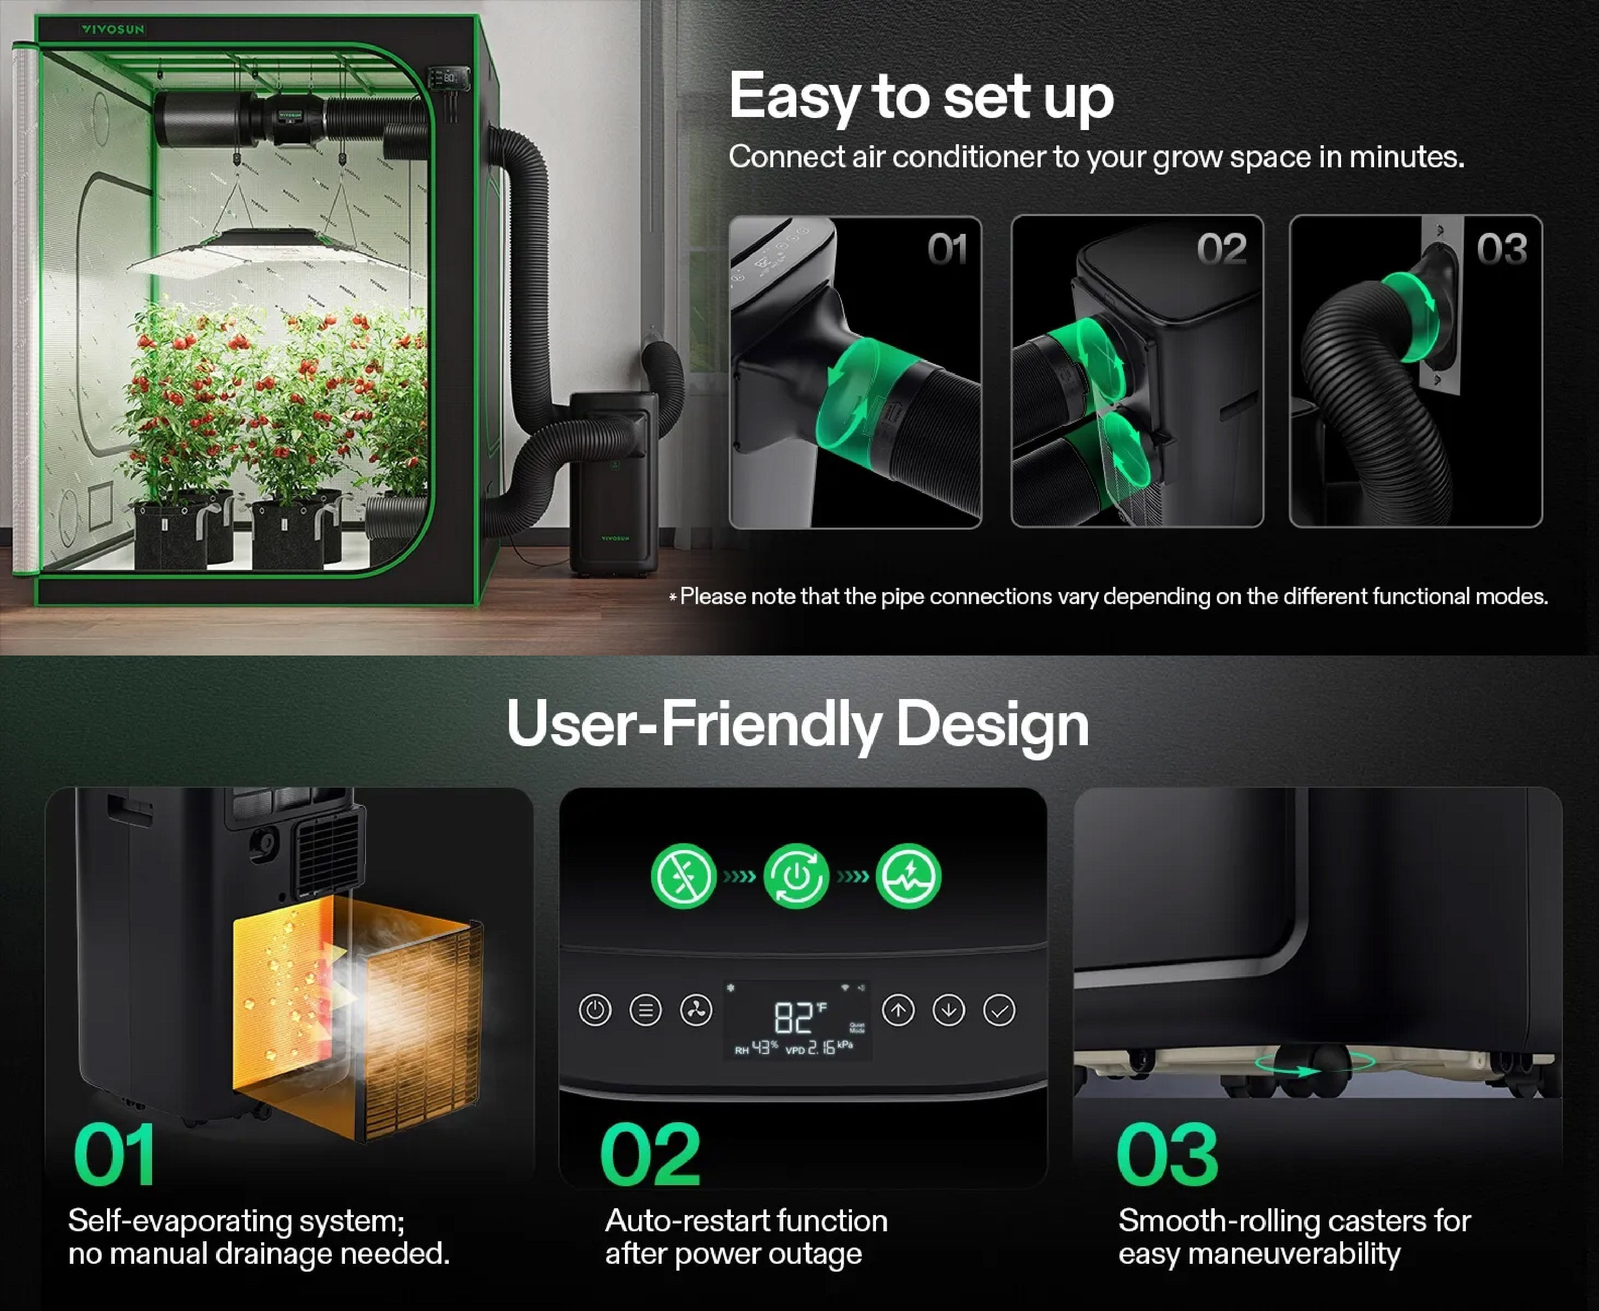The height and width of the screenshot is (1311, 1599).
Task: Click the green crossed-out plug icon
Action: pos(683,876)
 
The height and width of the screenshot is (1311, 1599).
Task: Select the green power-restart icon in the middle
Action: pos(796,876)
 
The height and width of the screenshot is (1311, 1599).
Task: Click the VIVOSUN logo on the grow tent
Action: pos(113,29)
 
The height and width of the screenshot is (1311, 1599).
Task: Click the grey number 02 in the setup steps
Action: pos(1222,249)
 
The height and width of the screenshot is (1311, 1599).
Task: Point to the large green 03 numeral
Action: pos(1167,1154)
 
